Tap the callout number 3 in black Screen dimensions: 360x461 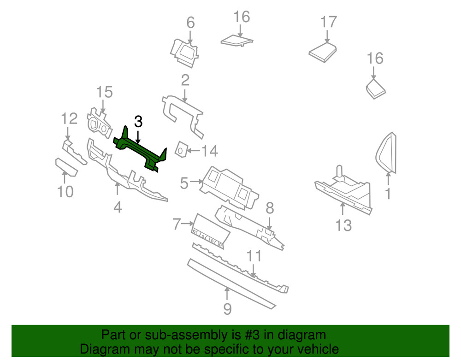[138, 122]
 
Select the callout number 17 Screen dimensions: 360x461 [329, 22]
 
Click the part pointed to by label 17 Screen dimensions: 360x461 [322, 51]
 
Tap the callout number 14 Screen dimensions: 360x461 [208, 151]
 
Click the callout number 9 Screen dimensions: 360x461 [227, 308]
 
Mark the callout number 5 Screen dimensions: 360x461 [184, 183]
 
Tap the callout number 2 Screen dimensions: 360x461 [185, 81]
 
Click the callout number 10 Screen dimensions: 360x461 [65, 191]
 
